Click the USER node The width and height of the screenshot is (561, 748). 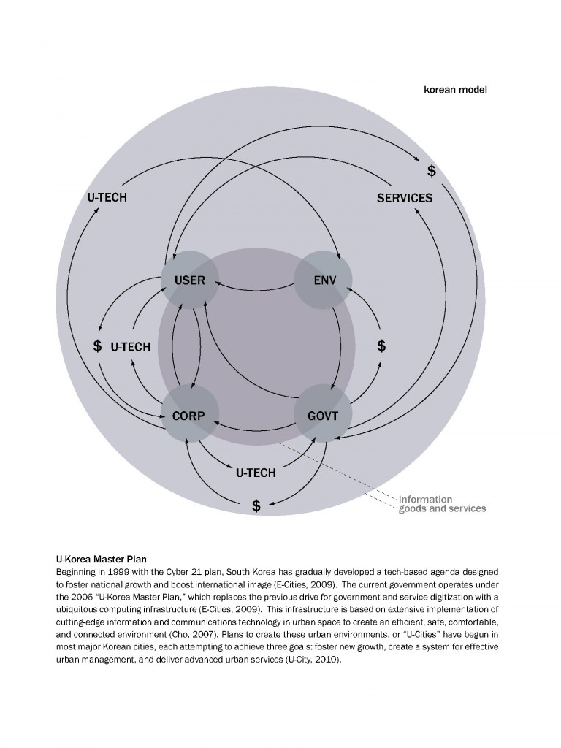coord(190,280)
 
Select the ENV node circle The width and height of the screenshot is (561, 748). coord(323,280)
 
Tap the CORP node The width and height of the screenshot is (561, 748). coord(190,416)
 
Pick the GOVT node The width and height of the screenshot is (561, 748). coord(323,416)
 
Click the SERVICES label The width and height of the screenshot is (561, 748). coord(405,198)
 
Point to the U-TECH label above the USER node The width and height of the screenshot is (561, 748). coord(107,198)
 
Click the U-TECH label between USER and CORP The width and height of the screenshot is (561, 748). coord(130,346)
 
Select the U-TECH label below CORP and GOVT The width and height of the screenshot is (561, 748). coord(256,473)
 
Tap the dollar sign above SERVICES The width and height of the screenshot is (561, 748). coord(432,171)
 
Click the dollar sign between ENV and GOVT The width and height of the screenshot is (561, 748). coord(381,346)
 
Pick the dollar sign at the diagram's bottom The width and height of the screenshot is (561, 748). coord(256,505)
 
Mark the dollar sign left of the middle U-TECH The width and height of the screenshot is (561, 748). coord(97,346)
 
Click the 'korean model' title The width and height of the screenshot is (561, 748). coord(456,91)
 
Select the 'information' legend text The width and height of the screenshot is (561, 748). coord(425,500)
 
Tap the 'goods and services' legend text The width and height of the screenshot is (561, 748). coord(442,508)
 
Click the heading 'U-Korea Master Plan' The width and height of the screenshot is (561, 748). coord(96,559)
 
